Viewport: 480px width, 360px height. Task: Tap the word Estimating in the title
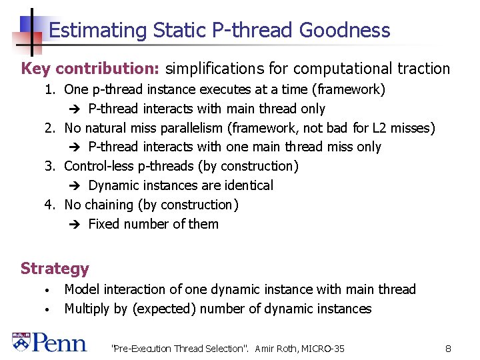pyautogui.click(x=97, y=31)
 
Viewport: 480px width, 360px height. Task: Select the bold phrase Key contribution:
pyautogui.click(x=91, y=69)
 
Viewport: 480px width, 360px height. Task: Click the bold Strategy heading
pyautogui.click(x=55, y=269)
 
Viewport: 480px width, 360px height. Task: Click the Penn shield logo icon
pyautogui.click(x=21, y=342)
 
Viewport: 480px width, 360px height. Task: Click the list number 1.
pyautogui.click(x=49, y=89)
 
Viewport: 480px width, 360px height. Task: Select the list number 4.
pyautogui.click(x=49, y=205)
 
